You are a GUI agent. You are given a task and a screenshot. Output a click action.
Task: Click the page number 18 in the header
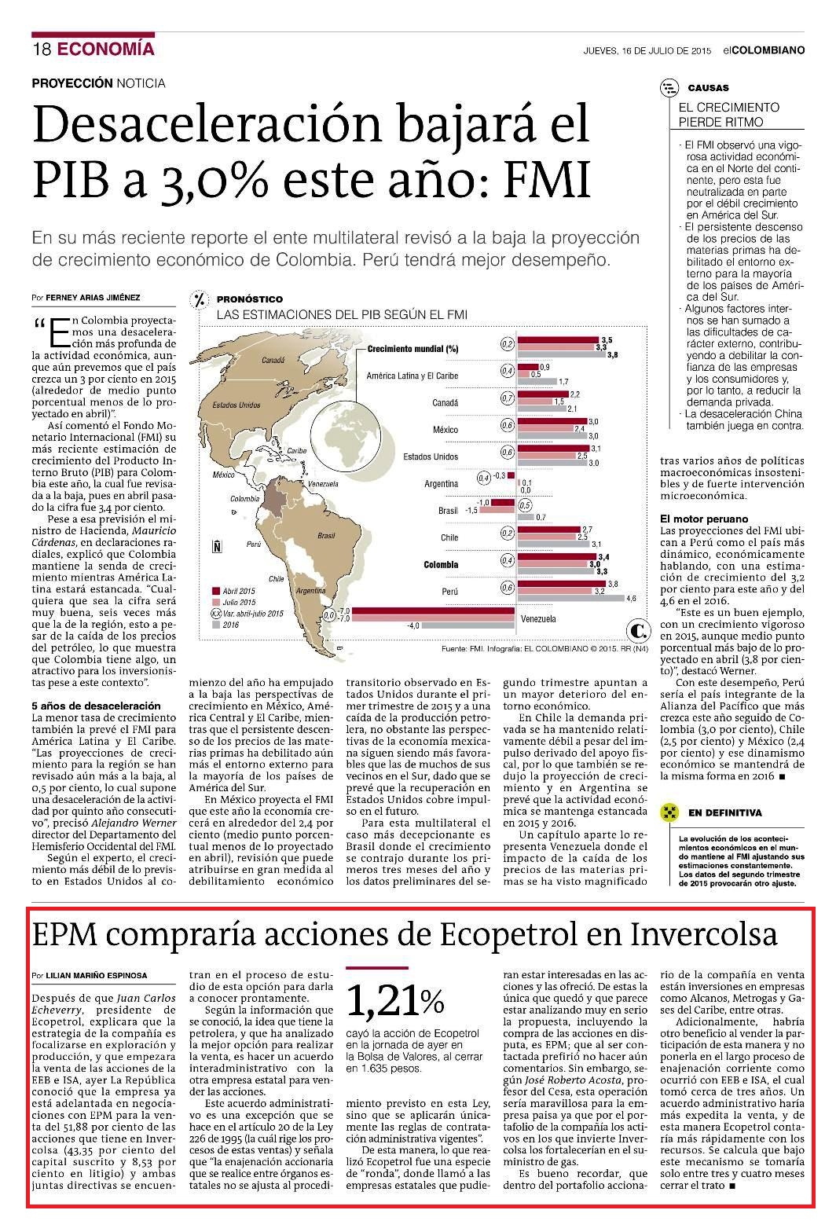click(x=42, y=49)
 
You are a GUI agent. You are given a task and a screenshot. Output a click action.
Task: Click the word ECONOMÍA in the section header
click(x=106, y=49)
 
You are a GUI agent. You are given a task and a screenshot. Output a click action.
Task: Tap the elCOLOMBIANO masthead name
click(x=764, y=50)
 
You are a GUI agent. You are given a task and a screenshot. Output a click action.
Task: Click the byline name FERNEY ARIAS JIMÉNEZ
click(x=93, y=298)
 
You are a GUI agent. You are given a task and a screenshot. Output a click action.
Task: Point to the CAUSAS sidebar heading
click(x=708, y=88)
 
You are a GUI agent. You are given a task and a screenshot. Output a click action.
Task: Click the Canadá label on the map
click(x=273, y=360)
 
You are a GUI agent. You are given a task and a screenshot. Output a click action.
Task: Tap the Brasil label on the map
click(x=326, y=535)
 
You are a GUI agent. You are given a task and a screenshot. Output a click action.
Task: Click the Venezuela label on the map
click(x=323, y=483)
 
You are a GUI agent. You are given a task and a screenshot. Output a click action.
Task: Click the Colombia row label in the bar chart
click(x=441, y=565)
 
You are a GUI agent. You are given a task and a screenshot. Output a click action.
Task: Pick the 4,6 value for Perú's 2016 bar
click(x=631, y=599)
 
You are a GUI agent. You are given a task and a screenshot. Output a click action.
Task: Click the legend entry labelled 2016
click(x=225, y=625)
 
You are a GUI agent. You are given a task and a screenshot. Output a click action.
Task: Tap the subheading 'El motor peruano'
click(x=703, y=519)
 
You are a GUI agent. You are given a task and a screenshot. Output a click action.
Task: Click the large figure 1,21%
click(x=395, y=1001)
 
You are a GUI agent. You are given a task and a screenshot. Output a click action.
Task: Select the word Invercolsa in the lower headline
click(x=704, y=933)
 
